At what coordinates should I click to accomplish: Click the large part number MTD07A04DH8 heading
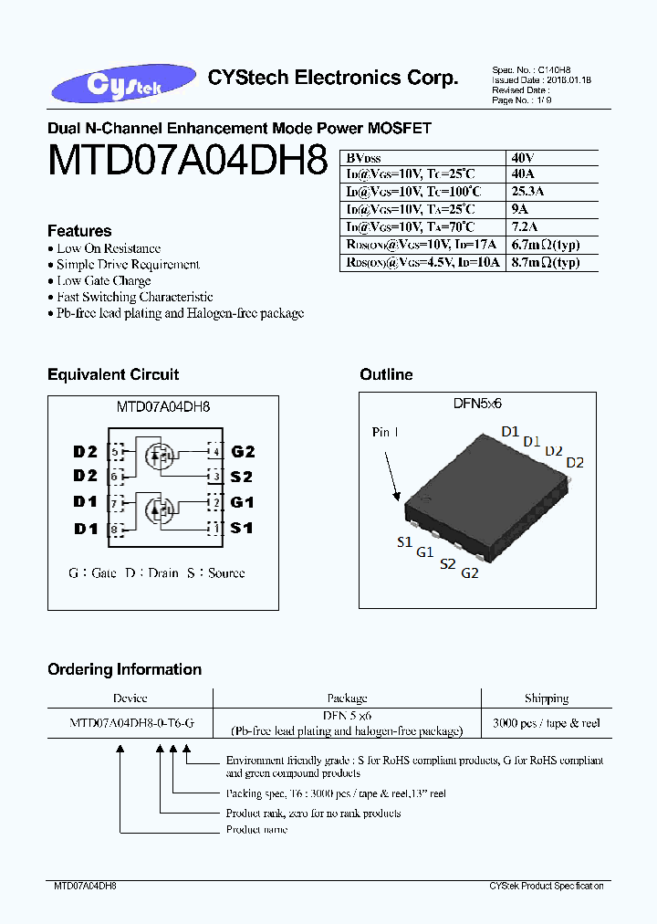pyautogui.click(x=188, y=161)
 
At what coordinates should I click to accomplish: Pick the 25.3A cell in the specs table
pyautogui.click(x=528, y=192)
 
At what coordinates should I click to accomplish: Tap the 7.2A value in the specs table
pyautogui.click(x=526, y=226)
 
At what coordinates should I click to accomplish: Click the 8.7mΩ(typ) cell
pyautogui.click(x=546, y=262)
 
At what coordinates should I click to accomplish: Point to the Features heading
pyautogui.click(x=79, y=231)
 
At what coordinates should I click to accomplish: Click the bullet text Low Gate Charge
pyautogui.click(x=104, y=280)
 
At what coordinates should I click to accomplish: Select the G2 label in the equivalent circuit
pyautogui.click(x=243, y=451)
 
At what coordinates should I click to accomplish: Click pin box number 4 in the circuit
pyautogui.click(x=215, y=451)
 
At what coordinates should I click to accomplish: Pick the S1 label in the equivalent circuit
pyautogui.click(x=242, y=528)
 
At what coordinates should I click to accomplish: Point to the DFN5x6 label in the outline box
pyautogui.click(x=477, y=403)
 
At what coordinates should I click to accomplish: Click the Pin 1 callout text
pyautogui.click(x=385, y=432)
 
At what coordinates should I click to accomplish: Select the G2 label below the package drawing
pyautogui.click(x=470, y=573)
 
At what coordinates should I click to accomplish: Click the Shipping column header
pyautogui.click(x=547, y=698)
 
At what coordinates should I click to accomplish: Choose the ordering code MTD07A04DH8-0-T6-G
pyautogui.click(x=131, y=722)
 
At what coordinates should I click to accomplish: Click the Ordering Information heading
pyautogui.click(x=125, y=669)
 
